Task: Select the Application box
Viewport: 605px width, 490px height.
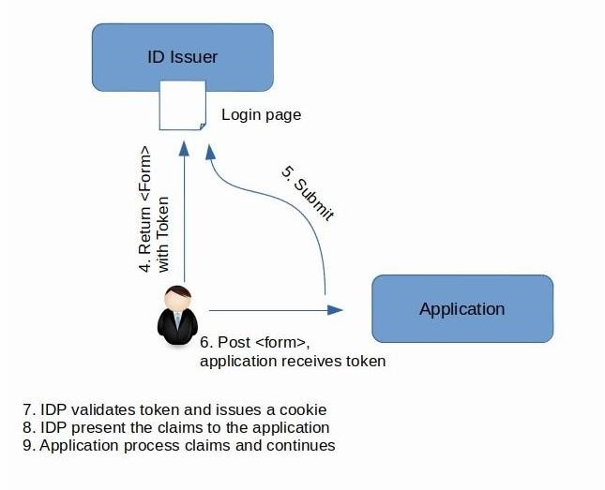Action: [462, 308]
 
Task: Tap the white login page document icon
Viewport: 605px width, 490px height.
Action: [182, 105]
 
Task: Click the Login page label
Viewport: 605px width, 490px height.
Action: [261, 115]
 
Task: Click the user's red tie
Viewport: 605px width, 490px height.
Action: [175, 324]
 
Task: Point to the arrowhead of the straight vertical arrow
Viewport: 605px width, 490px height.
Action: [186, 146]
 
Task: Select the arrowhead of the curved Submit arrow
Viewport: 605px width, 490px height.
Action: [212, 148]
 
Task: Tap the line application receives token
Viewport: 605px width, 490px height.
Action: [293, 360]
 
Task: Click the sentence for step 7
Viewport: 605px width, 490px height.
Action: [174, 409]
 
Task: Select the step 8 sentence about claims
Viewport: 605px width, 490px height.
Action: [175, 427]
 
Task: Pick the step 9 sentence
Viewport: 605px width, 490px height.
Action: [178, 445]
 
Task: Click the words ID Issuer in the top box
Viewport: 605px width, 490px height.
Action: [182, 56]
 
